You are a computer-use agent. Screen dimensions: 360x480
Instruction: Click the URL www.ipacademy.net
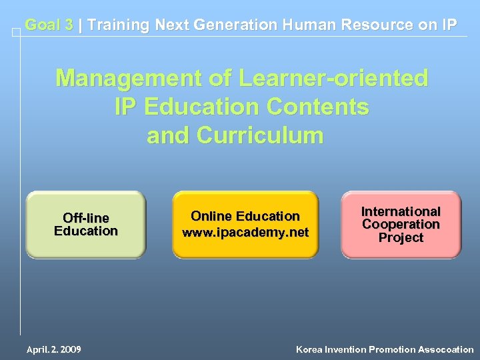pos(245,233)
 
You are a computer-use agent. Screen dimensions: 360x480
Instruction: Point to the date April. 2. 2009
pos(53,349)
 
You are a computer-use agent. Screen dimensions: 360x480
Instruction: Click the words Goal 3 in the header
pos(49,25)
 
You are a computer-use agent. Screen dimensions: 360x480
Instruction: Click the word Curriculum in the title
pos(259,135)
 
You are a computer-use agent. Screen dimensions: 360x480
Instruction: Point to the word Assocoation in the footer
pos(446,349)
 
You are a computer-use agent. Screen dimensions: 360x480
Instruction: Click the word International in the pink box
pos(401,211)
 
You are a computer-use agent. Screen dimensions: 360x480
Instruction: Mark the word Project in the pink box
pos(401,237)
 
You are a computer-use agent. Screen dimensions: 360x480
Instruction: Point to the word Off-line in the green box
pos(85,218)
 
